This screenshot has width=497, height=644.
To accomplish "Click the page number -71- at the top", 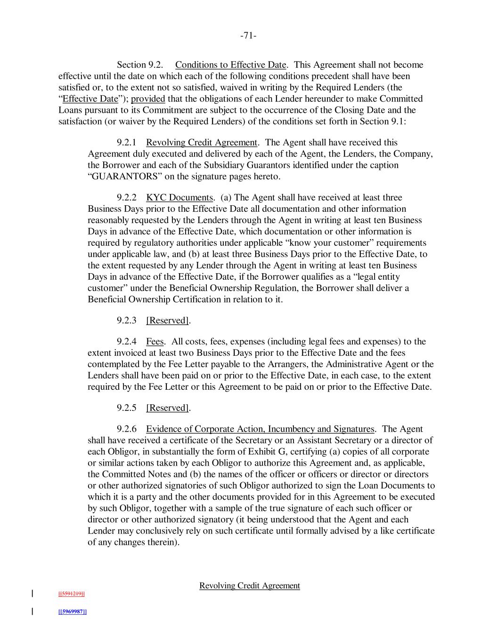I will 248,36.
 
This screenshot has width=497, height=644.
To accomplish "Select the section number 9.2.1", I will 126,142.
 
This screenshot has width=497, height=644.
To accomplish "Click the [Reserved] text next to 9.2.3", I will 168,321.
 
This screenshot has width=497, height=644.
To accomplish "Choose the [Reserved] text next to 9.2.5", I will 168,408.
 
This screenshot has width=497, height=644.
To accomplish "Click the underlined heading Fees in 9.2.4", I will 155,342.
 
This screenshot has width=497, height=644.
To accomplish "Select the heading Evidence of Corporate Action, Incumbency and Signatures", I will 260,429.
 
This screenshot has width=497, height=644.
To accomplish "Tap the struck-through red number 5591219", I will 72,594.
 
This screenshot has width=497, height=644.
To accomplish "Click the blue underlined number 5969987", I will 73,612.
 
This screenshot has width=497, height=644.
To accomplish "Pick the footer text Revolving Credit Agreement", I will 249,586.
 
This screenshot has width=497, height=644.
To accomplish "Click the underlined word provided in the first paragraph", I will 148,99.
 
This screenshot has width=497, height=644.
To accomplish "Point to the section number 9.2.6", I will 126,429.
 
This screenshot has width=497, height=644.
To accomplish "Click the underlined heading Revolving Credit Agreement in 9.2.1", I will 202,142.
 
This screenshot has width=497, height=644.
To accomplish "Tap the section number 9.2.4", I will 126,342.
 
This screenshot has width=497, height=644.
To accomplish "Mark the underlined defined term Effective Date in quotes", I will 90,99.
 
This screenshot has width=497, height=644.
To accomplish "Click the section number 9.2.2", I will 126,198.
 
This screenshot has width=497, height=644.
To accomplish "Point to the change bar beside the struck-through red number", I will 32,594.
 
